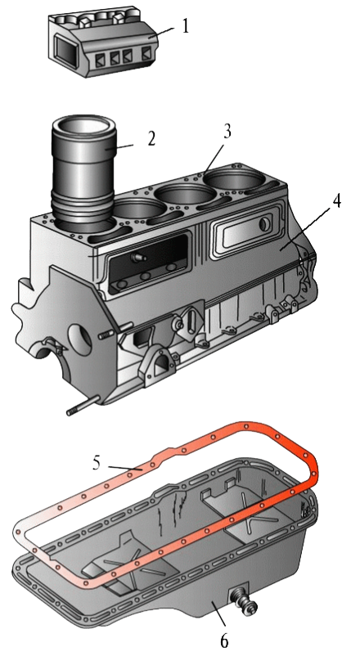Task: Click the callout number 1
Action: (x=184, y=27)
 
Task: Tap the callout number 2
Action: (x=151, y=139)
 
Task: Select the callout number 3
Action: (x=227, y=132)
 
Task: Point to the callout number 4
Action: (x=335, y=201)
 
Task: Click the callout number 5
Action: (x=97, y=463)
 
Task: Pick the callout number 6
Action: (x=224, y=640)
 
